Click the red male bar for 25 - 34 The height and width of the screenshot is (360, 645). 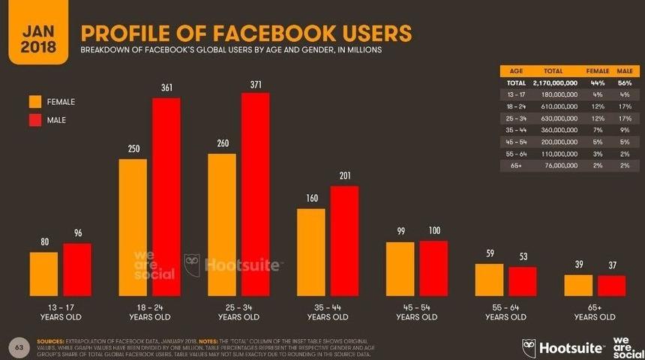(255, 194)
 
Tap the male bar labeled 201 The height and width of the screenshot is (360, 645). (344, 241)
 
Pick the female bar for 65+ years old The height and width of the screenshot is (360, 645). (578, 285)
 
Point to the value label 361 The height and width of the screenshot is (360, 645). (166, 88)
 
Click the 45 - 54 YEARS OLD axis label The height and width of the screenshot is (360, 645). (416, 313)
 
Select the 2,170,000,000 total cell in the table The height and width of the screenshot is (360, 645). (553, 82)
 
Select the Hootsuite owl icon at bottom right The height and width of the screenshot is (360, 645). (529, 347)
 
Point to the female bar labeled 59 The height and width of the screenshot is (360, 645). (490, 280)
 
